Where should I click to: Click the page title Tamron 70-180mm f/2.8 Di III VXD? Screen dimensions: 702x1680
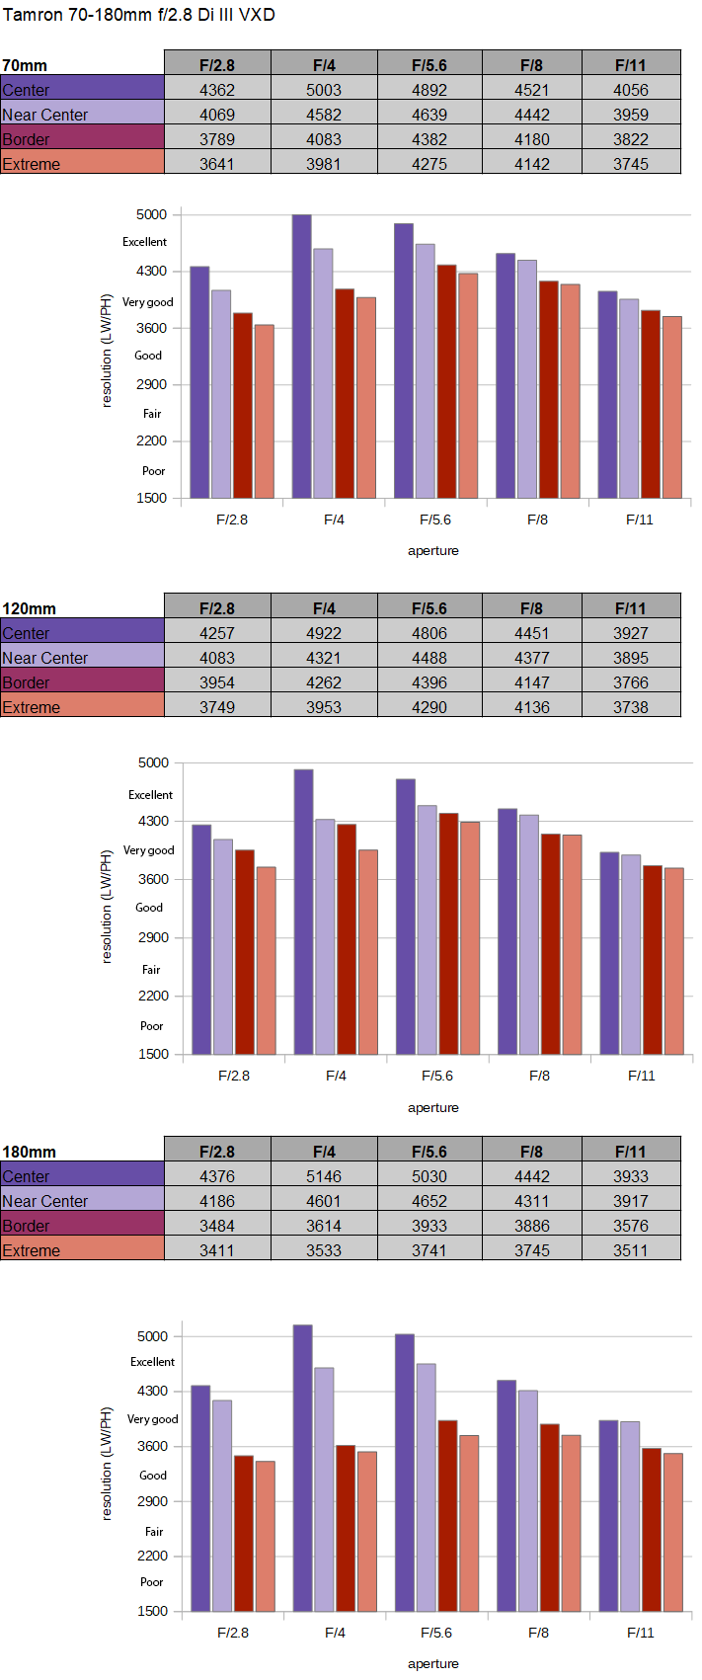[x=139, y=14]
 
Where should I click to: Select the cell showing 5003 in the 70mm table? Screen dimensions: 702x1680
[x=324, y=90]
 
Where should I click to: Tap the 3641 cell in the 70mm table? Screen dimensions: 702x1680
[x=217, y=164]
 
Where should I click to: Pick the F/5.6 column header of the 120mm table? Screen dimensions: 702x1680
[x=429, y=608]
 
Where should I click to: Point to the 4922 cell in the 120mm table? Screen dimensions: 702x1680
[x=324, y=633]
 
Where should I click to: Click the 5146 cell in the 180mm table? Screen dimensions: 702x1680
[x=324, y=1176]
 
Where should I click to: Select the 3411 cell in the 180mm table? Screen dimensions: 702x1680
[x=217, y=1250]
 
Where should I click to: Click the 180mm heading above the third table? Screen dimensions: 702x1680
[x=30, y=1152]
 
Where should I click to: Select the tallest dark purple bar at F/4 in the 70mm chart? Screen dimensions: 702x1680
[x=301, y=357]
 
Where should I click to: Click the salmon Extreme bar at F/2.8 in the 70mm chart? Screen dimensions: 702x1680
[x=264, y=412]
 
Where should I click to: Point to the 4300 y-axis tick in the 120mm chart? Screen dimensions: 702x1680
[x=154, y=822]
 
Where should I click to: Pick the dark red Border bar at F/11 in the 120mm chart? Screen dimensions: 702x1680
[x=653, y=960]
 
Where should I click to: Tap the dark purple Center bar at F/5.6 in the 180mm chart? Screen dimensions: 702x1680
[x=404, y=1473]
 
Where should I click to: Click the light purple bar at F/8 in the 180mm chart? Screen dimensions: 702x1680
[x=528, y=1501]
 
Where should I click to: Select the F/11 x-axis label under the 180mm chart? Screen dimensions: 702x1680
[x=641, y=1633]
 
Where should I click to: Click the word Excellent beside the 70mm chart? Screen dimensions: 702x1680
[x=145, y=242]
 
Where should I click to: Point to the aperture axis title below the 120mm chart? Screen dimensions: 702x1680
[x=433, y=1108]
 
